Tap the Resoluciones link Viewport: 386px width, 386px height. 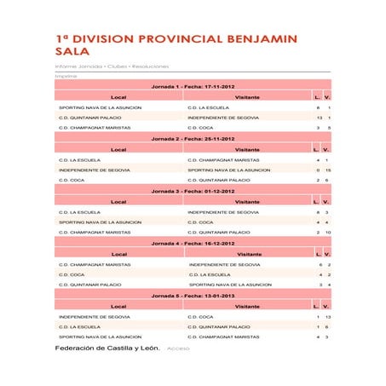click(149, 66)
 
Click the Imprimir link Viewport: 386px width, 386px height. click(66, 77)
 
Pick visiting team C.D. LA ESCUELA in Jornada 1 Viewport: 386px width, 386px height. click(208, 108)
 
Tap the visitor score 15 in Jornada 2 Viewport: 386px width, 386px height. click(328, 170)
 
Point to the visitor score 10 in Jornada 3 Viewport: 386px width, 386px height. click(328, 232)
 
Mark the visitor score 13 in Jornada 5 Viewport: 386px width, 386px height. click(328, 316)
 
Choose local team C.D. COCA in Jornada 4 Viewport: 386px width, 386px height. click(72, 274)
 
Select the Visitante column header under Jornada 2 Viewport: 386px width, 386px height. click(247, 149)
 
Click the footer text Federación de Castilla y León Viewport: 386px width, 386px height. click(107, 349)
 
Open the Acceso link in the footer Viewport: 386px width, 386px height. click(178, 349)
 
